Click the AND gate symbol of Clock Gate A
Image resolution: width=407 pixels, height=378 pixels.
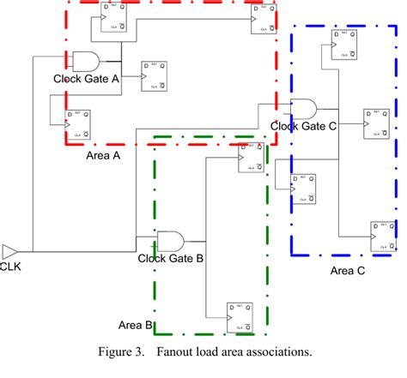pos(86,60)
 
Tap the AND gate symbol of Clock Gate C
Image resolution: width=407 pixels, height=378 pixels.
pos(303,108)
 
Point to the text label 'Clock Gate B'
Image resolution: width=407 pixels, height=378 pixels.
pos(170,257)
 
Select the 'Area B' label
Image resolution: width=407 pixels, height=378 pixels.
pos(135,325)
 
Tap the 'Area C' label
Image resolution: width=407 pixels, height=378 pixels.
pos(348,271)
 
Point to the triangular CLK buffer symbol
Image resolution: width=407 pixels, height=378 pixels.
pos(9,251)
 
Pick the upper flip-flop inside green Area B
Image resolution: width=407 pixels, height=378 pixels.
pos(252,156)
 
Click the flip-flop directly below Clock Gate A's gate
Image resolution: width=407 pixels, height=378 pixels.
pos(155,75)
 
